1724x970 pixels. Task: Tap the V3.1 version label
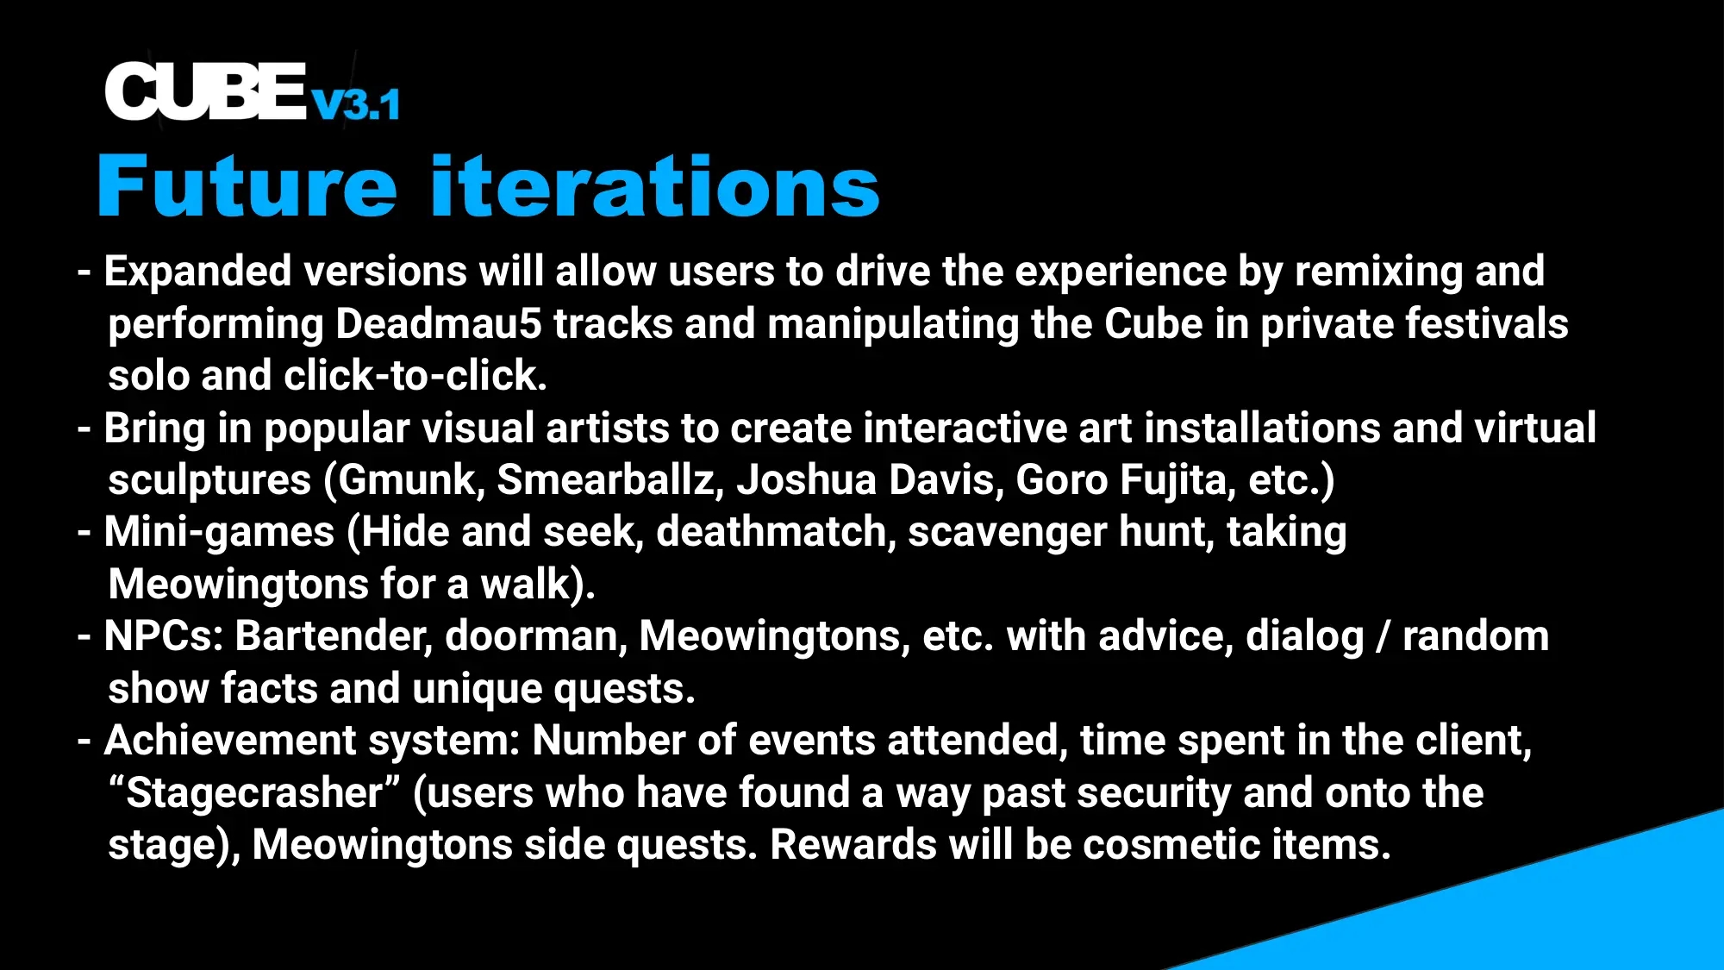[356, 105]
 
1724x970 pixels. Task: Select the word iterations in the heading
[655, 185]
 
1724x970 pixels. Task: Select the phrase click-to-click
[415, 376]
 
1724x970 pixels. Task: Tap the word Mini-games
[219, 533]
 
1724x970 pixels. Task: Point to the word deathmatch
[771, 533]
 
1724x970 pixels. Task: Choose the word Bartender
[334, 636]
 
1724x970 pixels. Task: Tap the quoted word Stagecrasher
[254, 793]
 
